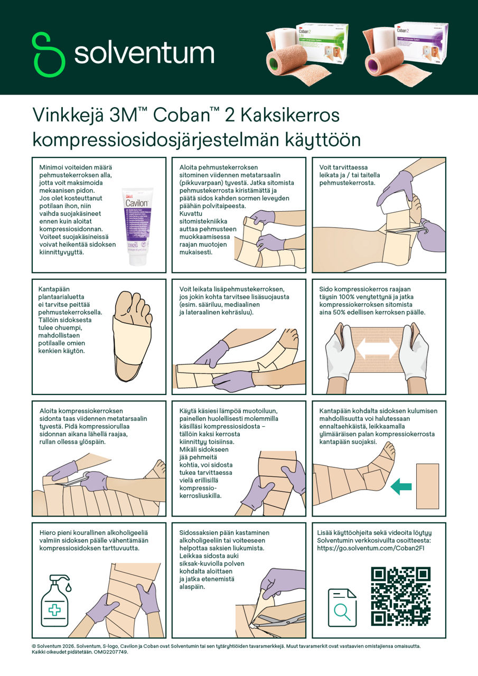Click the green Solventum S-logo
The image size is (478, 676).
48,54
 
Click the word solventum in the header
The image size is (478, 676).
144,53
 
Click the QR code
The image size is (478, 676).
400,596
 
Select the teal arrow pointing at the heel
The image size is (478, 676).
401,486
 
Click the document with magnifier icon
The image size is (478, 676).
342,607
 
